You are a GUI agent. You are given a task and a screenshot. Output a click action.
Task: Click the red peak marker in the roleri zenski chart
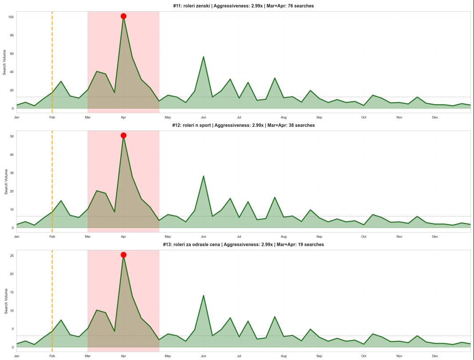click(x=123, y=16)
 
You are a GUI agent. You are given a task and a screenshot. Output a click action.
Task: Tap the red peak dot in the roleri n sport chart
click(x=123, y=136)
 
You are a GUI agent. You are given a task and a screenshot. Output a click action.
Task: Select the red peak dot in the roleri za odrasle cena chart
click(x=123, y=255)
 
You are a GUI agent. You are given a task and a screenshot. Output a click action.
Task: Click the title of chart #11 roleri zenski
click(x=243, y=6)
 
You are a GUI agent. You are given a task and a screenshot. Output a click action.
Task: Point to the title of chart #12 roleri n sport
click(x=243, y=125)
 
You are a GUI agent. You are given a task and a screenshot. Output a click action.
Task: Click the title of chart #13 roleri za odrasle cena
click(x=243, y=245)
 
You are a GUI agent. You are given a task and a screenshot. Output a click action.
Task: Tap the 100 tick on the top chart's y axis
click(x=11, y=17)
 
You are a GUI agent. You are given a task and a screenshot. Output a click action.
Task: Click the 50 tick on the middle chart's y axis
click(x=12, y=137)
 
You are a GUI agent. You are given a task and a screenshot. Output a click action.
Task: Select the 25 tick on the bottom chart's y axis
click(x=12, y=256)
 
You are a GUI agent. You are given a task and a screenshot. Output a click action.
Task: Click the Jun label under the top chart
click(x=203, y=117)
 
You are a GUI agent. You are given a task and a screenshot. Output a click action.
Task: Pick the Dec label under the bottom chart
click(x=435, y=356)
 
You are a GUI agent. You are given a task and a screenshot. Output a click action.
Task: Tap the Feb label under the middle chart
click(x=52, y=237)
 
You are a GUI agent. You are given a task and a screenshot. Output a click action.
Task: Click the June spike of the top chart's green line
click(x=203, y=57)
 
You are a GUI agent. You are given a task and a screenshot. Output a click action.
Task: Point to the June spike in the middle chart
click(x=203, y=176)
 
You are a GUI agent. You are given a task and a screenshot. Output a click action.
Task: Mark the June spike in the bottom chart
click(x=203, y=295)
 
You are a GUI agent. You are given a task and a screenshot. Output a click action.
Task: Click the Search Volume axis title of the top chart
click(x=4, y=63)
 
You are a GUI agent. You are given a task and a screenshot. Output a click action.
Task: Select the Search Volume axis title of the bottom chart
click(x=6, y=301)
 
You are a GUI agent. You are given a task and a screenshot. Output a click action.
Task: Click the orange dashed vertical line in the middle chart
click(x=52, y=187)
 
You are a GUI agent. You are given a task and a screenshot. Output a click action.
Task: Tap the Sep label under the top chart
click(x=319, y=117)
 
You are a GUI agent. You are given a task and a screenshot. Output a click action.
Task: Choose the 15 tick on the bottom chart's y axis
click(x=12, y=292)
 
